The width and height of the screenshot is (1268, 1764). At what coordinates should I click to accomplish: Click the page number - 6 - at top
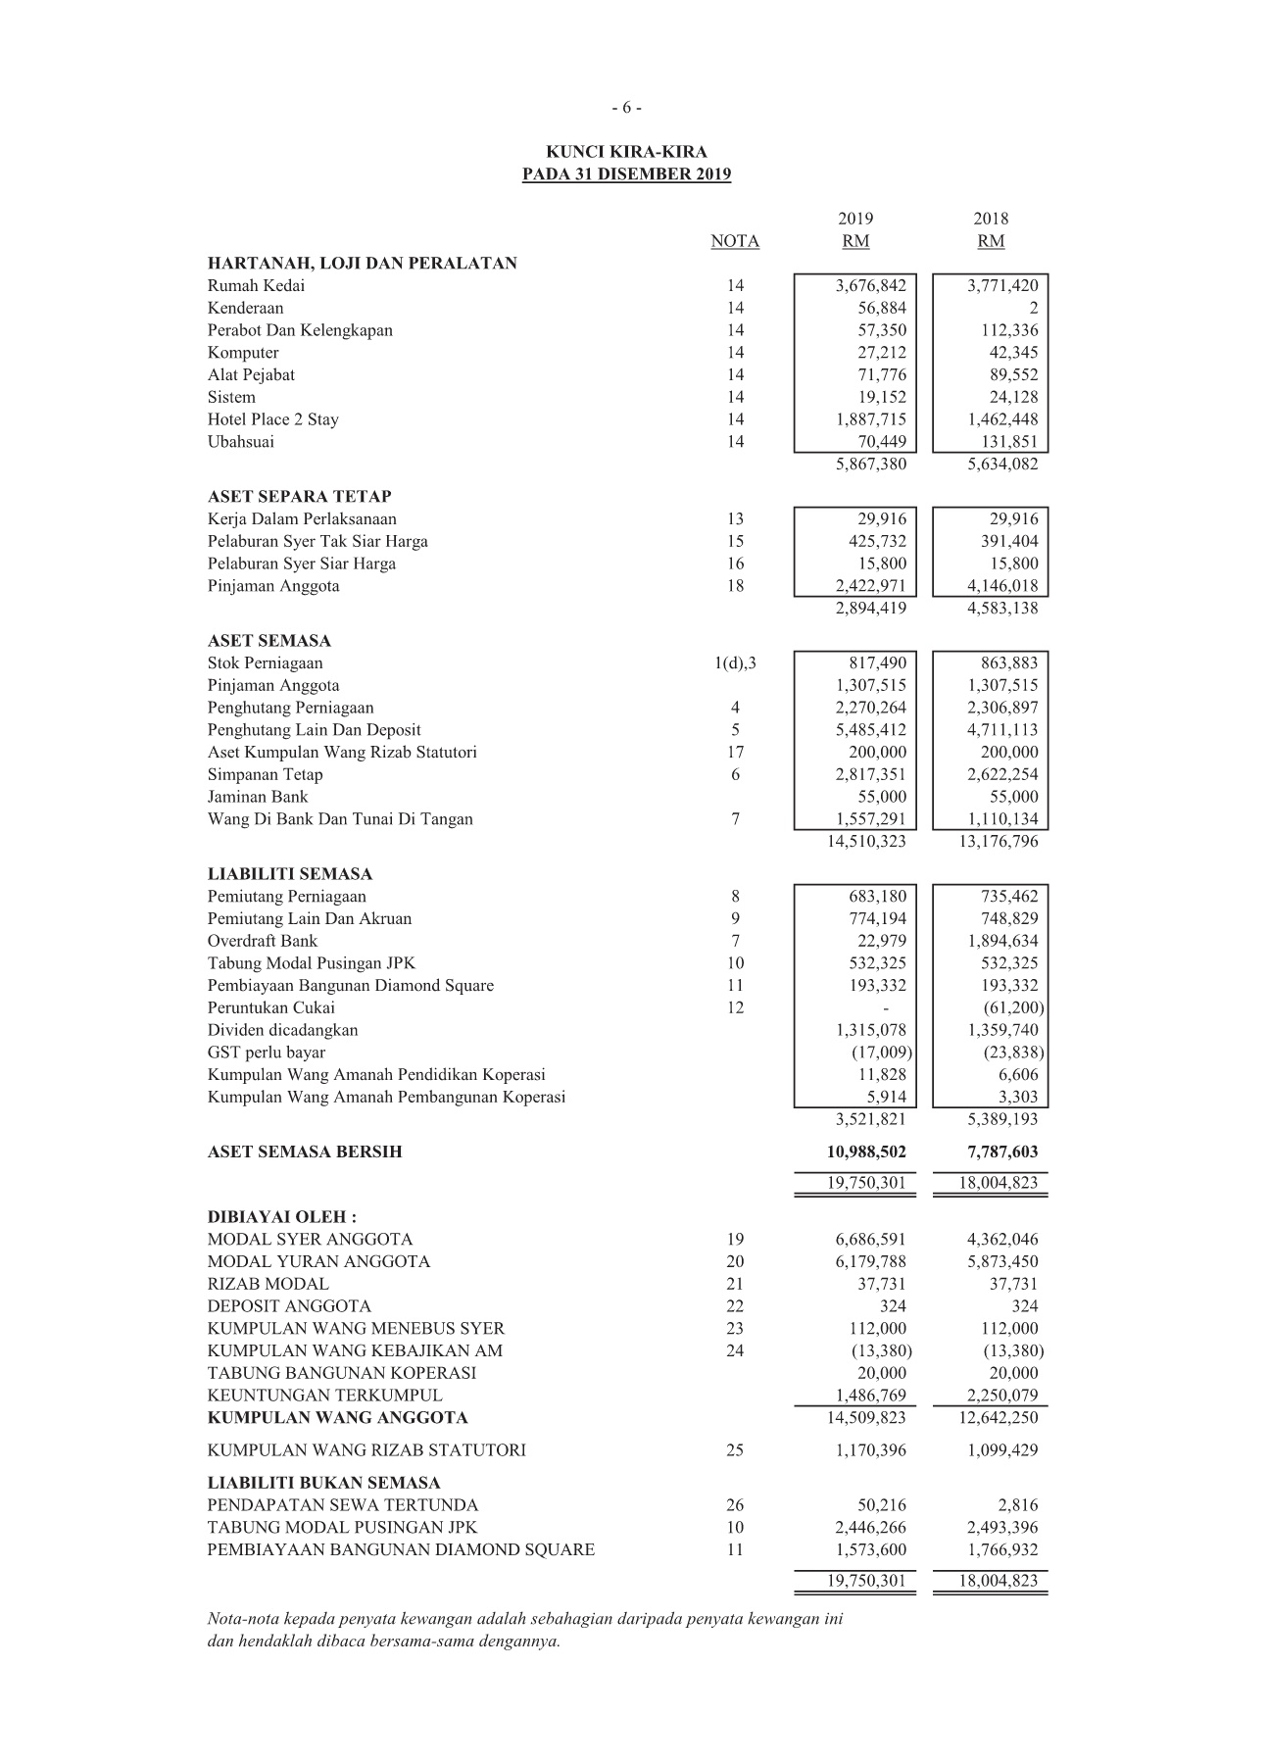click(x=626, y=108)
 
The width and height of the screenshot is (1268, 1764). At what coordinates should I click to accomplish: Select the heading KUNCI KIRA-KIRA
click(x=626, y=152)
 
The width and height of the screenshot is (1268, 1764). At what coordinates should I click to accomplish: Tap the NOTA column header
click(x=735, y=241)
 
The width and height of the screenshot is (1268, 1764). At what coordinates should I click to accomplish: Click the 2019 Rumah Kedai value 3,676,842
click(x=870, y=286)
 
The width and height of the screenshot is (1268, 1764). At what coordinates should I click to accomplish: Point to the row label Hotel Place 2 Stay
click(x=272, y=419)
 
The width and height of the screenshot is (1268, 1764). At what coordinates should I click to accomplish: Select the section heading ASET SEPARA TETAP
click(x=299, y=497)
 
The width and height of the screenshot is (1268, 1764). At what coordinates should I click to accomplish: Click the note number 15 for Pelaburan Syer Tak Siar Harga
click(x=735, y=541)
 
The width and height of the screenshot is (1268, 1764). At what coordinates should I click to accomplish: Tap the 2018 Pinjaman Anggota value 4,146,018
click(x=1001, y=586)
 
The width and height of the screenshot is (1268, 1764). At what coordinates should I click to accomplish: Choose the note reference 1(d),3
click(x=735, y=663)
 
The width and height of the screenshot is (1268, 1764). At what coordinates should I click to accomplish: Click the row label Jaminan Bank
click(x=257, y=797)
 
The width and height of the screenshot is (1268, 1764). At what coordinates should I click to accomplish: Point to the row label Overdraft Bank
click(x=262, y=941)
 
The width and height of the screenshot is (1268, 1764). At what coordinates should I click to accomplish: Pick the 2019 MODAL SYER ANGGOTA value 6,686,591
click(x=870, y=1240)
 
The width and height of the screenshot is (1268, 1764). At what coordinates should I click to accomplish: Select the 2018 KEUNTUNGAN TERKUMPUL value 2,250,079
click(x=1001, y=1396)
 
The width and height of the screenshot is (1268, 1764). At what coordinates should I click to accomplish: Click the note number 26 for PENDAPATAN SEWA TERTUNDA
click(x=735, y=1505)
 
